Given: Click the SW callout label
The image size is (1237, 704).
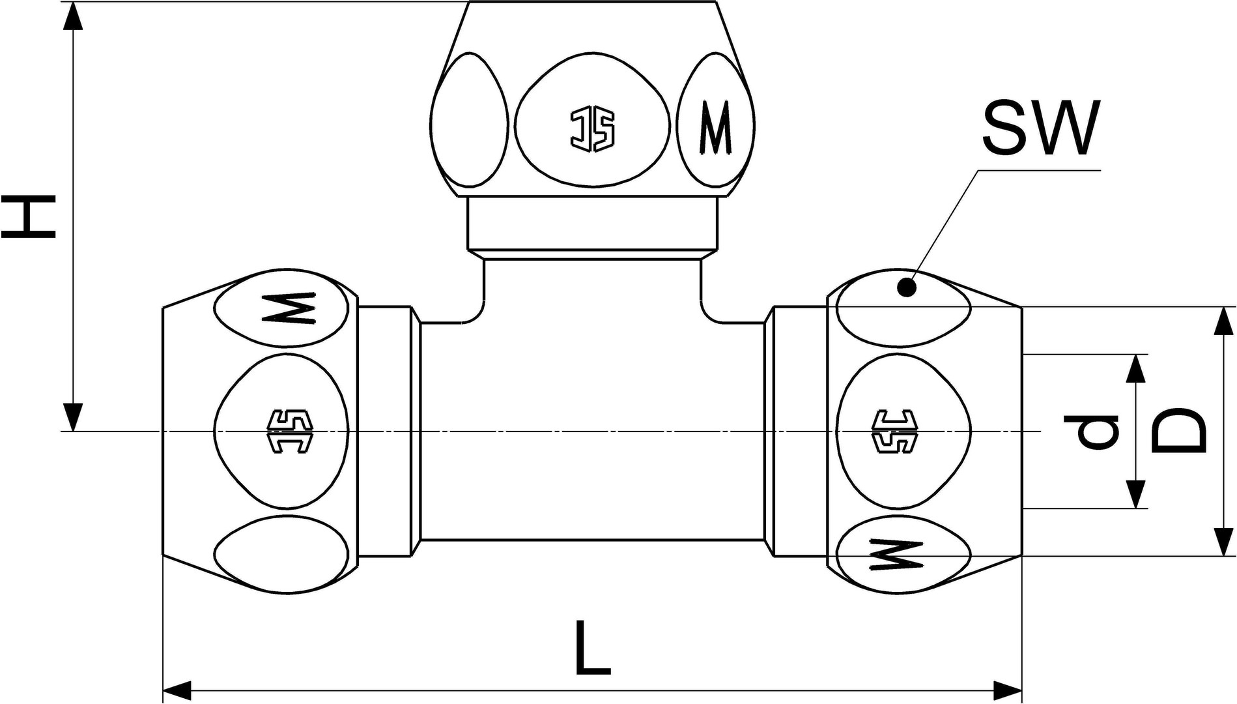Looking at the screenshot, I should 1040,129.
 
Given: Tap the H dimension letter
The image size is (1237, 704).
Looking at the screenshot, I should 28,217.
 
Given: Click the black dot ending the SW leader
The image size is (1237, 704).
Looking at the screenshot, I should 906,287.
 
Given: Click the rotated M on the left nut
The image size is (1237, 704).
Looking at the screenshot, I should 289,307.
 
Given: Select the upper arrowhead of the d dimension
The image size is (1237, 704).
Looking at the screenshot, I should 1136,368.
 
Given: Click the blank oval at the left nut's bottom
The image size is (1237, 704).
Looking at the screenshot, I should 281,553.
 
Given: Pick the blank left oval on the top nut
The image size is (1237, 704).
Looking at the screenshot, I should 470,121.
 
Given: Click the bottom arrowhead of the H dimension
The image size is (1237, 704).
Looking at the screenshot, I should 74,417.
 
